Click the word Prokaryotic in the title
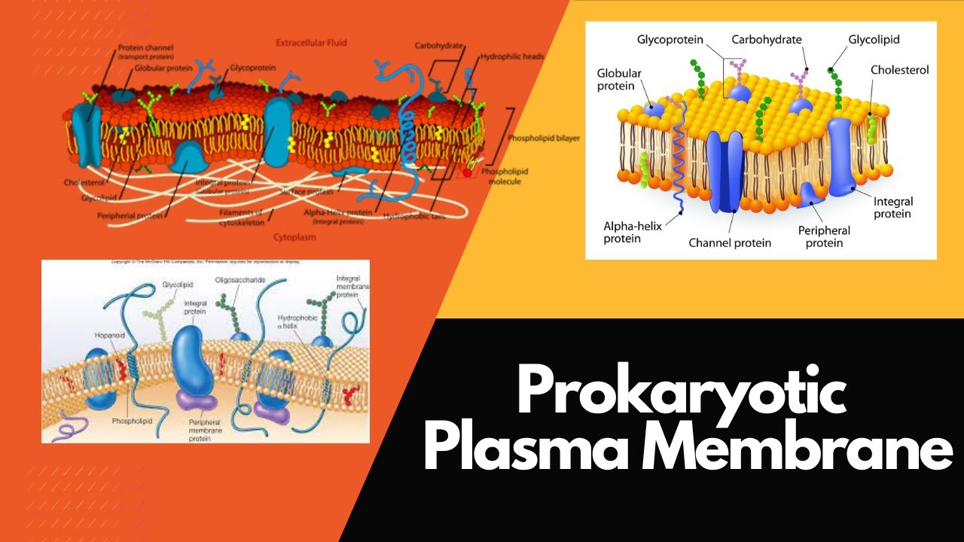tap(682, 392)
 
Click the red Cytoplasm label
tap(294, 236)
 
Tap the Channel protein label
tap(730, 243)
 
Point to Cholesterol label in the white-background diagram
tap(899, 70)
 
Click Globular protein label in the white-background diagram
tap(619, 80)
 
